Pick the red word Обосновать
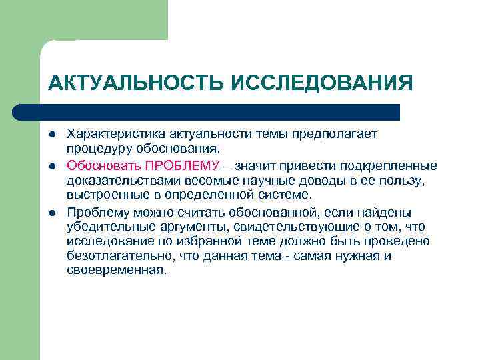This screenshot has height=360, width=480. (103, 165)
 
